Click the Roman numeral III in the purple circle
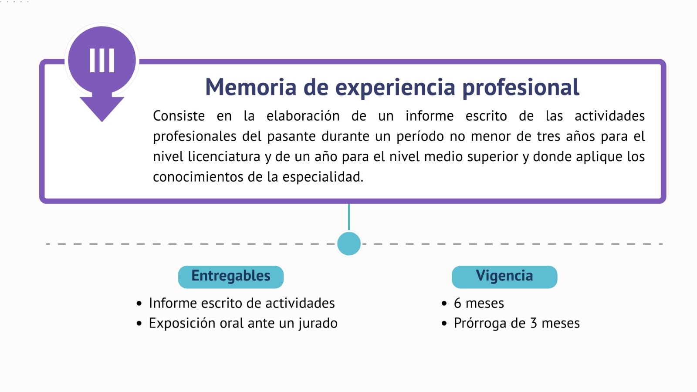point(102,61)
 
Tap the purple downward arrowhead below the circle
point(102,107)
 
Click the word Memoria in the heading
point(251,87)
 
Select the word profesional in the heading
point(521,88)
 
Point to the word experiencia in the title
point(395,88)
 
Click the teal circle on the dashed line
point(349,243)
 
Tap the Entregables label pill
point(231,277)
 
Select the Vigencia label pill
point(504,277)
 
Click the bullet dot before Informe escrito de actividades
point(139,303)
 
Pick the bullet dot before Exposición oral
point(139,324)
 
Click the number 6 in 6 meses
point(457,303)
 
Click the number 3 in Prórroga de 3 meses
point(534,323)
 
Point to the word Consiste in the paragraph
point(179,116)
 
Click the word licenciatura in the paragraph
point(224,156)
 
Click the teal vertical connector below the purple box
point(349,217)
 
